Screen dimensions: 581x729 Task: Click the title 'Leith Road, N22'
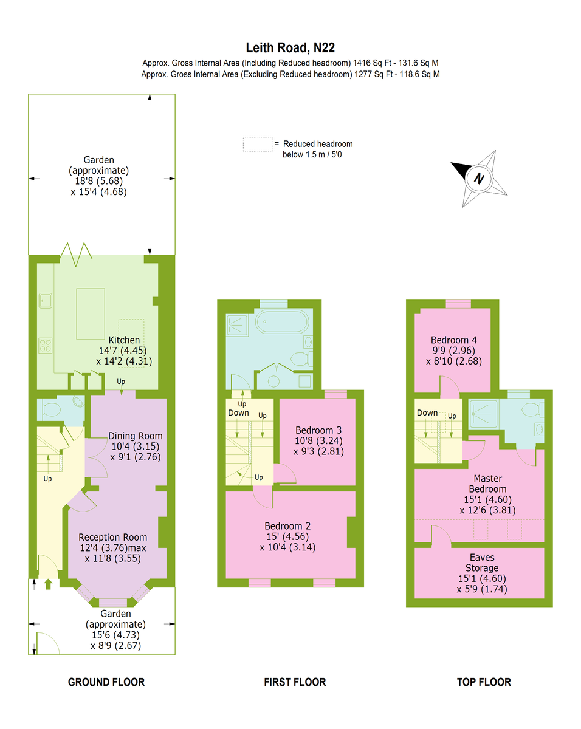click(x=290, y=48)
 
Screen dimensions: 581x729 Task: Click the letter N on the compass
click(x=479, y=178)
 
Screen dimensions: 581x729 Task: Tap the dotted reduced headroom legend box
click(x=258, y=144)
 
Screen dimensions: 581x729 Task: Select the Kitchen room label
click(x=124, y=340)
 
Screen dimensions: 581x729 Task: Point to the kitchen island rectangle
click(x=91, y=313)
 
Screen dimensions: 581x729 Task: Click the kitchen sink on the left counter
click(x=46, y=301)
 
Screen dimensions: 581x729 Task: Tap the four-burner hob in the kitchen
click(x=46, y=346)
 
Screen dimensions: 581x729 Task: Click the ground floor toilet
click(x=52, y=409)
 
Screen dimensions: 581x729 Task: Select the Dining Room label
click(x=136, y=436)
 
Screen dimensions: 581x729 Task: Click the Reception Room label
click(x=113, y=537)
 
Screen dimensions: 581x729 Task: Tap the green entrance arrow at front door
click(x=48, y=584)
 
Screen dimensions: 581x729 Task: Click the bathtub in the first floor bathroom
click(x=282, y=321)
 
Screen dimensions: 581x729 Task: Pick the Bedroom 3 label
click(x=318, y=430)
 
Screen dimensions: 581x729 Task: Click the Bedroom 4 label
click(x=454, y=340)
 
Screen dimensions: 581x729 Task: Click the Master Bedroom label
click(x=488, y=484)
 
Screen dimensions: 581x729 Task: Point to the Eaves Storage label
click(x=482, y=563)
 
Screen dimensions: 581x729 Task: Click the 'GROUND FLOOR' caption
click(x=106, y=682)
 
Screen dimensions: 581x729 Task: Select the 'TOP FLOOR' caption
click(x=484, y=682)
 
